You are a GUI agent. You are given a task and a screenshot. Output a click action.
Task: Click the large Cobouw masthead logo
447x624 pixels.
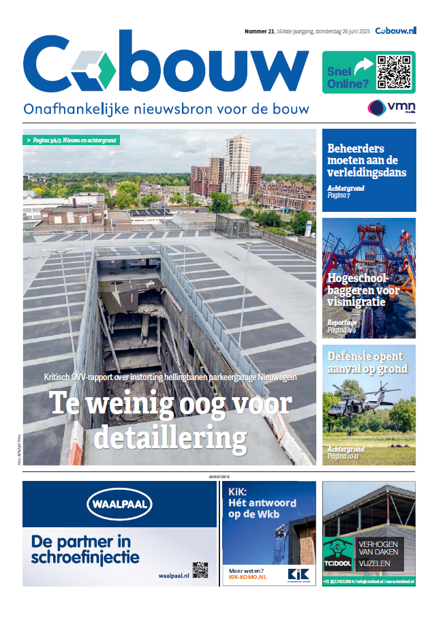pyautogui.click(x=166, y=65)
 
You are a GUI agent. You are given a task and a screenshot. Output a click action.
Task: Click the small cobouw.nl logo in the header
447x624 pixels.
pyautogui.click(x=395, y=31)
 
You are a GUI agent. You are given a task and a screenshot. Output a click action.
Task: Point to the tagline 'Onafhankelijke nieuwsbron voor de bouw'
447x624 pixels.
pyautogui.click(x=166, y=109)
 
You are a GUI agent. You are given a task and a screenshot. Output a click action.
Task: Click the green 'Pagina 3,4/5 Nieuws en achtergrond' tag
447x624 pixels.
pyautogui.click(x=72, y=140)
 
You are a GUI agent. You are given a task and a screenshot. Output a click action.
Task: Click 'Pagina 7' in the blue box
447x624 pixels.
pyautogui.click(x=339, y=196)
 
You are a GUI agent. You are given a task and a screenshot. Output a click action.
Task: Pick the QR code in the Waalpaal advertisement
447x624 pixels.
pyautogui.click(x=199, y=570)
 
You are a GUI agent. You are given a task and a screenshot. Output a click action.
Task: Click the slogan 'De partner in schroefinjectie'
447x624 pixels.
pyautogui.click(x=85, y=550)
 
